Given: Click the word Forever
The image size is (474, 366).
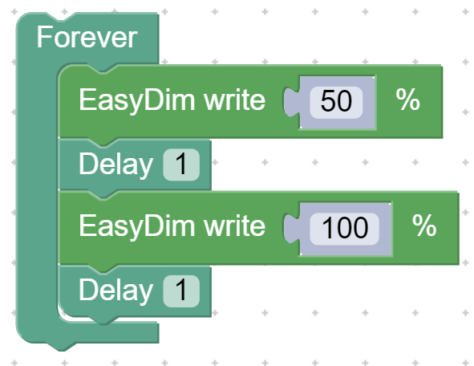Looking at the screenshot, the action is [x=87, y=38].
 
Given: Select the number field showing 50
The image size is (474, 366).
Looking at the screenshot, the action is [x=336, y=103].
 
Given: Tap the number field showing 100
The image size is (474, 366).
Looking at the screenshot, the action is [x=345, y=229].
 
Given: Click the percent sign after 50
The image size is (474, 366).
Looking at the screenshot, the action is [x=408, y=100].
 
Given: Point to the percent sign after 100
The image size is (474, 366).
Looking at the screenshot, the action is [x=424, y=226].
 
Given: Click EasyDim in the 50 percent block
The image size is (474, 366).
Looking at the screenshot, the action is [x=137, y=100].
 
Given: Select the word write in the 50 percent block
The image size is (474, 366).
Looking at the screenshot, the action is [x=234, y=100].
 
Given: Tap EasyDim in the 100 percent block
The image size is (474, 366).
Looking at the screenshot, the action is [x=137, y=227].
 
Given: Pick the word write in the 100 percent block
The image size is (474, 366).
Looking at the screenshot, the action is [x=234, y=226].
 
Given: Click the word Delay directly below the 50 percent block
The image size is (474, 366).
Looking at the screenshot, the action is [x=115, y=165].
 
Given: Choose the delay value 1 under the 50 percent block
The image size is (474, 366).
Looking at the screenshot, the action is [x=181, y=165].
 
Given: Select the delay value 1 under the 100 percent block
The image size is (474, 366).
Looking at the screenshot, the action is [x=181, y=291].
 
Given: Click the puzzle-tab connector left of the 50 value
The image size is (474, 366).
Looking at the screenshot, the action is [x=291, y=102].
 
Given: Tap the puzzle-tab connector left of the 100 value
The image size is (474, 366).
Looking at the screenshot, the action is [x=291, y=229].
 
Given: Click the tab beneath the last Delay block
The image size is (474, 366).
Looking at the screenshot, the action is [x=103, y=320].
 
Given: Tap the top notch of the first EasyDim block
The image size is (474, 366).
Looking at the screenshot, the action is [x=103, y=69].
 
